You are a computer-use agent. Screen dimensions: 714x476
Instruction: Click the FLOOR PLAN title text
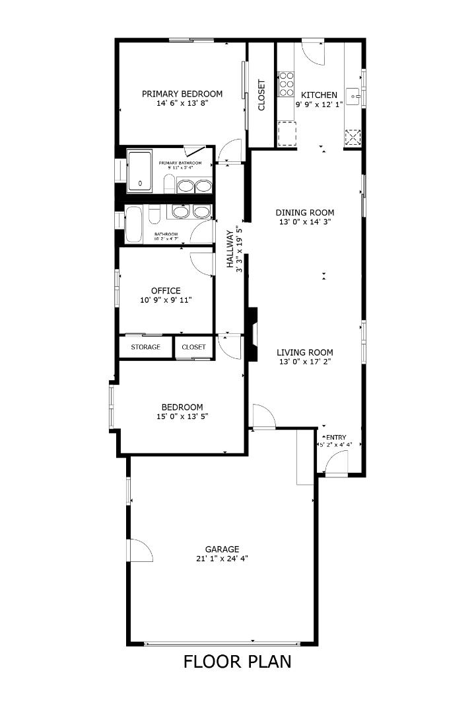pos(237,661)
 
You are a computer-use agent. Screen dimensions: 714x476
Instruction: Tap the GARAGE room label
pos(222,549)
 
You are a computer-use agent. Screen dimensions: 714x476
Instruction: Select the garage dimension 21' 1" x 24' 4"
pos(222,559)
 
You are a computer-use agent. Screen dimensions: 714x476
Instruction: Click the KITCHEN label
pos(319,95)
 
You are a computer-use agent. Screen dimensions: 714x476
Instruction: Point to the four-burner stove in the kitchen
pos(287,85)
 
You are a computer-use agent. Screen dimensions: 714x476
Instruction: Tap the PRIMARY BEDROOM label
pos(182,94)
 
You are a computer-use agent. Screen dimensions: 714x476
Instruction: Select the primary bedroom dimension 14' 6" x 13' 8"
pos(182,104)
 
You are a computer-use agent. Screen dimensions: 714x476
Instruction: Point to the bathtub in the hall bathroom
pos(134,223)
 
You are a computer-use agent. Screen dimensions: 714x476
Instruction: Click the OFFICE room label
pos(166,291)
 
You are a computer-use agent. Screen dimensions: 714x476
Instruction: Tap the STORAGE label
pos(145,347)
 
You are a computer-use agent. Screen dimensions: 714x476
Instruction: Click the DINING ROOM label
pos(305,213)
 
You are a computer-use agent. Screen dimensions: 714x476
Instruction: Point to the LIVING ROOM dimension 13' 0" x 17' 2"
pos(305,362)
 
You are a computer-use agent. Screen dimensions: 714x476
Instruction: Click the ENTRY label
pos(335,437)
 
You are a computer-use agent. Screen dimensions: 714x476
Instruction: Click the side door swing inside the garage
pos(141,550)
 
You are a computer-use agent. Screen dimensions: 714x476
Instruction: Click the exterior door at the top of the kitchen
pos(314,52)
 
